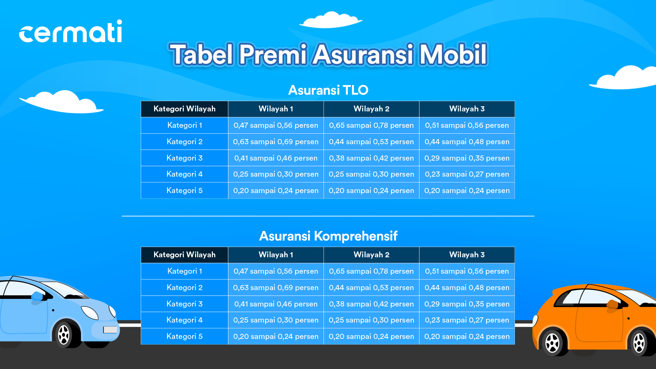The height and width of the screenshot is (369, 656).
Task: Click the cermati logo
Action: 70,31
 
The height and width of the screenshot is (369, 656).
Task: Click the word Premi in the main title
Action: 273,54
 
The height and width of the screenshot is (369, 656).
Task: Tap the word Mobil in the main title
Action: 453,54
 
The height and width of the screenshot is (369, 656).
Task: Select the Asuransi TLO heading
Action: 328,90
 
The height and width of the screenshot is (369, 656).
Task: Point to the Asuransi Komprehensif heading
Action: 328,236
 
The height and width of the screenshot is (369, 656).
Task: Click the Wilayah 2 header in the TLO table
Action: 371,109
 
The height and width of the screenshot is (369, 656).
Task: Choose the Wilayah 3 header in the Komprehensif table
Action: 467,255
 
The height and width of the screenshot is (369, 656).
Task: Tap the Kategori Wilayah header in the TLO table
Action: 184,109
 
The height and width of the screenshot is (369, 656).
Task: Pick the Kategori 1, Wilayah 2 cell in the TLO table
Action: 371,125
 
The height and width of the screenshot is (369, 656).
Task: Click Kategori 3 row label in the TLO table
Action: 184,158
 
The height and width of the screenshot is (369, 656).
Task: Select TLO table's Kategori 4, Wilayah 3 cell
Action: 467,174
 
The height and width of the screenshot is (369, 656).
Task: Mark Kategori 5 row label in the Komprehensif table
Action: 184,337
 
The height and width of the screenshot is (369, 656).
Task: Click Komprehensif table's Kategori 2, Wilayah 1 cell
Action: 276,288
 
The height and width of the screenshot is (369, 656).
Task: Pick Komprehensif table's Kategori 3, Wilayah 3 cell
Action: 467,304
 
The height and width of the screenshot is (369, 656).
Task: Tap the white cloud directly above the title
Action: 330,20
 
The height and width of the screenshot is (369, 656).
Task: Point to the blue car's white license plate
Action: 110,330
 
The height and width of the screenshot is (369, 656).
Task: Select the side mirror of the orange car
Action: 612,305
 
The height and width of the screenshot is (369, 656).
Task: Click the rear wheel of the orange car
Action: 552,343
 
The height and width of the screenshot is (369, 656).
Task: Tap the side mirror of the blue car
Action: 37,297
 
